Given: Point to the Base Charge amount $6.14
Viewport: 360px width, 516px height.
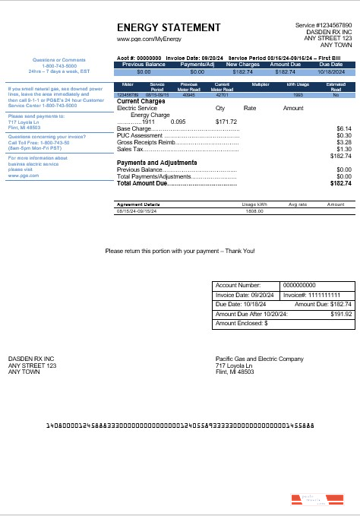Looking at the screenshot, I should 344,129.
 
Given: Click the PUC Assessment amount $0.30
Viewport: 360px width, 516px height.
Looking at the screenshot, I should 344,136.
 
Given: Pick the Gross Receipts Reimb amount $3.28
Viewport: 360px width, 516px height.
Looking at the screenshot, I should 344,142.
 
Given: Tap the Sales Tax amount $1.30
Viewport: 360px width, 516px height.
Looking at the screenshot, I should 344,149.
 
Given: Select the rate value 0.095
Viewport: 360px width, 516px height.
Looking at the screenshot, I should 178,122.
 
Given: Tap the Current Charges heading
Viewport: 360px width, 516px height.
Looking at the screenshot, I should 141,101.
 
